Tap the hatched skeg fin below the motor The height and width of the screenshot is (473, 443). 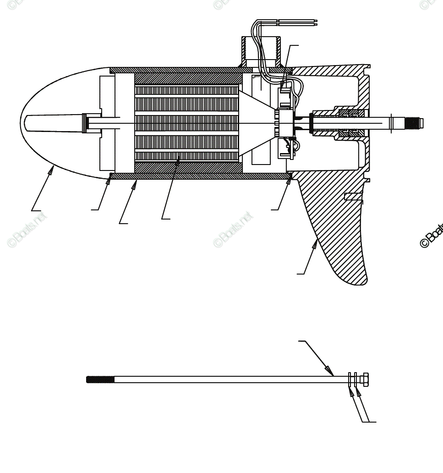[x=339, y=238]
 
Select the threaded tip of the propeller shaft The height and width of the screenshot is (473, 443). [x=415, y=123]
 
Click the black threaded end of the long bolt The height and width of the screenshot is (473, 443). [x=100, y=379]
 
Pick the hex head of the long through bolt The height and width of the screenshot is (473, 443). [x=364, y=380]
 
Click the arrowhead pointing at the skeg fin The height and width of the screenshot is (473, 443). [x=315, y=243]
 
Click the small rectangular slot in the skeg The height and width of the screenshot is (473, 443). [x=353, y=197]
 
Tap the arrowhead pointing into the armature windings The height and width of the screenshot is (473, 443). [x=177, y=162]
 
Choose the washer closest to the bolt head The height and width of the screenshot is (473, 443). [x=355, y=380]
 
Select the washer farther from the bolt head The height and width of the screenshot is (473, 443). [x=350, y=380]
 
